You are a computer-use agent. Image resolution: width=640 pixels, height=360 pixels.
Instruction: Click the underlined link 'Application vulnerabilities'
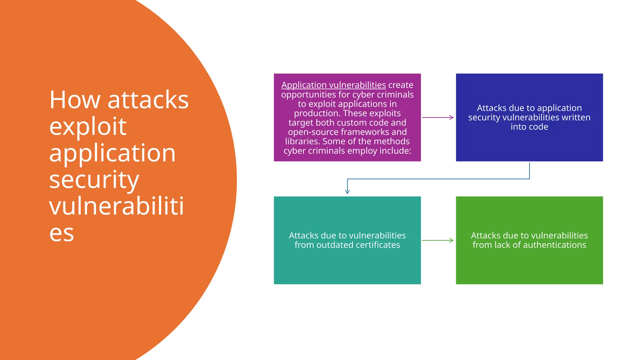[x=333, y=85]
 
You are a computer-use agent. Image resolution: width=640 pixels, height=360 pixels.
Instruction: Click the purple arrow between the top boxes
[x=437, y=117]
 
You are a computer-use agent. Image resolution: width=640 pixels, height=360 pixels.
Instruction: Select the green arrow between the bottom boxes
[x=437, y=240]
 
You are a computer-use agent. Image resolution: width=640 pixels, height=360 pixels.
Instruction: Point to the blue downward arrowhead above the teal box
[x=347, y=191]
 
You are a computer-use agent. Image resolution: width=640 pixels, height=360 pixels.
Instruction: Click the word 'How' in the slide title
[x=75, y=100]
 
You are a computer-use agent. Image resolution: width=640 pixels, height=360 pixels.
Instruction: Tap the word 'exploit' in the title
[x=88, y=127]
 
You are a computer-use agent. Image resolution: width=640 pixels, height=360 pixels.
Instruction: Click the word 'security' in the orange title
[x=94, y=180]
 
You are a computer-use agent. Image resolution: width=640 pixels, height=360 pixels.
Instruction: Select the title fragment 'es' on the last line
[x=62, y=233]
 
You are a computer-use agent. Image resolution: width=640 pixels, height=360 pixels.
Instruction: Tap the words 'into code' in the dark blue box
[x=529, y=127]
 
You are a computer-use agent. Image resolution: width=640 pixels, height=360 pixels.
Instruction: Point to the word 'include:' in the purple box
[x=395, y=151]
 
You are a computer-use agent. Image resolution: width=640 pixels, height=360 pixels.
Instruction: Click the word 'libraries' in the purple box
[x=302, y=141]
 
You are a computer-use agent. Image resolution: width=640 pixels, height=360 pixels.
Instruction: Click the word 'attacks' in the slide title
[x=148, y=100]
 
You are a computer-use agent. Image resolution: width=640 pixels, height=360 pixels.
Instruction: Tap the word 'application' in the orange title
[x=112, y=153]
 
